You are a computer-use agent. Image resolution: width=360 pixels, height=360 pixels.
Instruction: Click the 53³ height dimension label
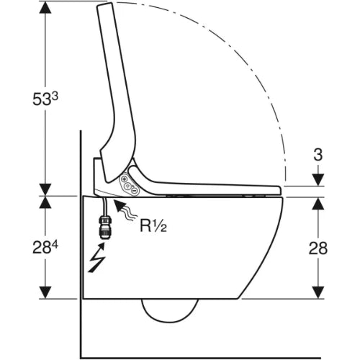point(45,99)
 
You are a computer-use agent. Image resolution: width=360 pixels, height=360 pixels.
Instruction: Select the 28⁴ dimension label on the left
point(45,247)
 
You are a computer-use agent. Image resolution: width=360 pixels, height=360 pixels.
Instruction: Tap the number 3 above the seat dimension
point(318,155)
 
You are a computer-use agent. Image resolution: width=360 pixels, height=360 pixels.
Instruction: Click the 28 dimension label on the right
point(318,248)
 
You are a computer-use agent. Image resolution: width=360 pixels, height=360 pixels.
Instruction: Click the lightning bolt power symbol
point(97,257)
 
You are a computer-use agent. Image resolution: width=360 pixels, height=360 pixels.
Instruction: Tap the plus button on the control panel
point(124,179)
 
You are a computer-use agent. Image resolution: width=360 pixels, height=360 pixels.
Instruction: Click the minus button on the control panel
point(135,191)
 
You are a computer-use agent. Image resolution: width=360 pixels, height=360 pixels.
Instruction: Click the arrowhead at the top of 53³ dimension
point(45,9)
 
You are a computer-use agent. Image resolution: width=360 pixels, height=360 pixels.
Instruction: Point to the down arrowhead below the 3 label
point(318,180)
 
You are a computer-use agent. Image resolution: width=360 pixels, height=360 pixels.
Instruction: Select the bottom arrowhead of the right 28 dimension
point(318,292)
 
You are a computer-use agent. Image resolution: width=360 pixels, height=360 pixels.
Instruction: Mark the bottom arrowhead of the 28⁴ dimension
point(45,292)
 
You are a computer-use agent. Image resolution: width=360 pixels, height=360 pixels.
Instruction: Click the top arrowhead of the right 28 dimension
point(318,204)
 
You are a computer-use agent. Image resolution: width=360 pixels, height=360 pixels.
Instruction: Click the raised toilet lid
point(117,92)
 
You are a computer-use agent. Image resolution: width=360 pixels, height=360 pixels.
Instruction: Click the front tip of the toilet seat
point(280,190)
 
